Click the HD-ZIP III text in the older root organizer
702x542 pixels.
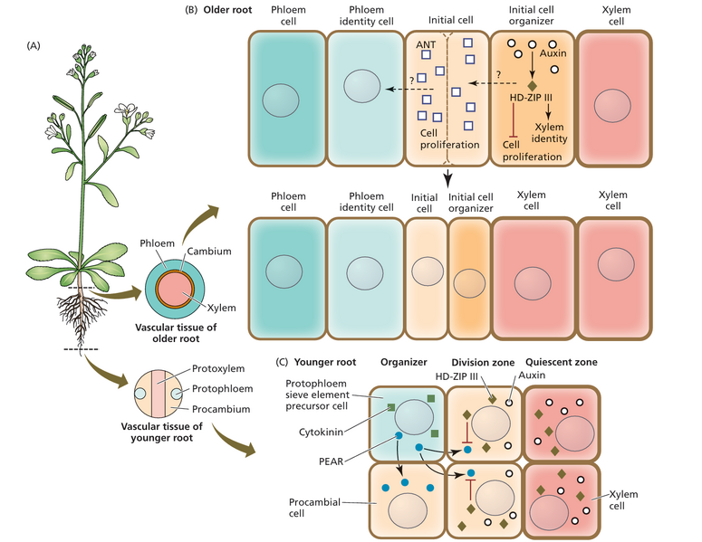pyautogui.click(x=529, y=96)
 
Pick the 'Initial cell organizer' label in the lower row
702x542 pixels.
pyautogui.click(x=469, y=202)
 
